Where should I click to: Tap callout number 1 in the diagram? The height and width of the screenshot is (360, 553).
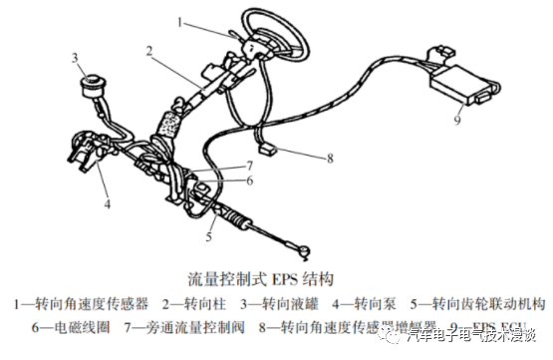click(x=180, y=19)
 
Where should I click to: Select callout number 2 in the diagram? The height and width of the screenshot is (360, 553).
click(x=147, y=49)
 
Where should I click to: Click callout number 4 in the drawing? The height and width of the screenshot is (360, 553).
click(x=107, y=206)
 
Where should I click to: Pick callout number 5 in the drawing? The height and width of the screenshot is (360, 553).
click(x=209, y=237)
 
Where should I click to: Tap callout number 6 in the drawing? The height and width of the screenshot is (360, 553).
click(x=250, y=180)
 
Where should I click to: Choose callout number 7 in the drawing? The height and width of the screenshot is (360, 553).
click(x=250, y=165)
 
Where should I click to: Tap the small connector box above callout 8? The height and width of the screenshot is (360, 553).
click(x=268, y=149)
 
